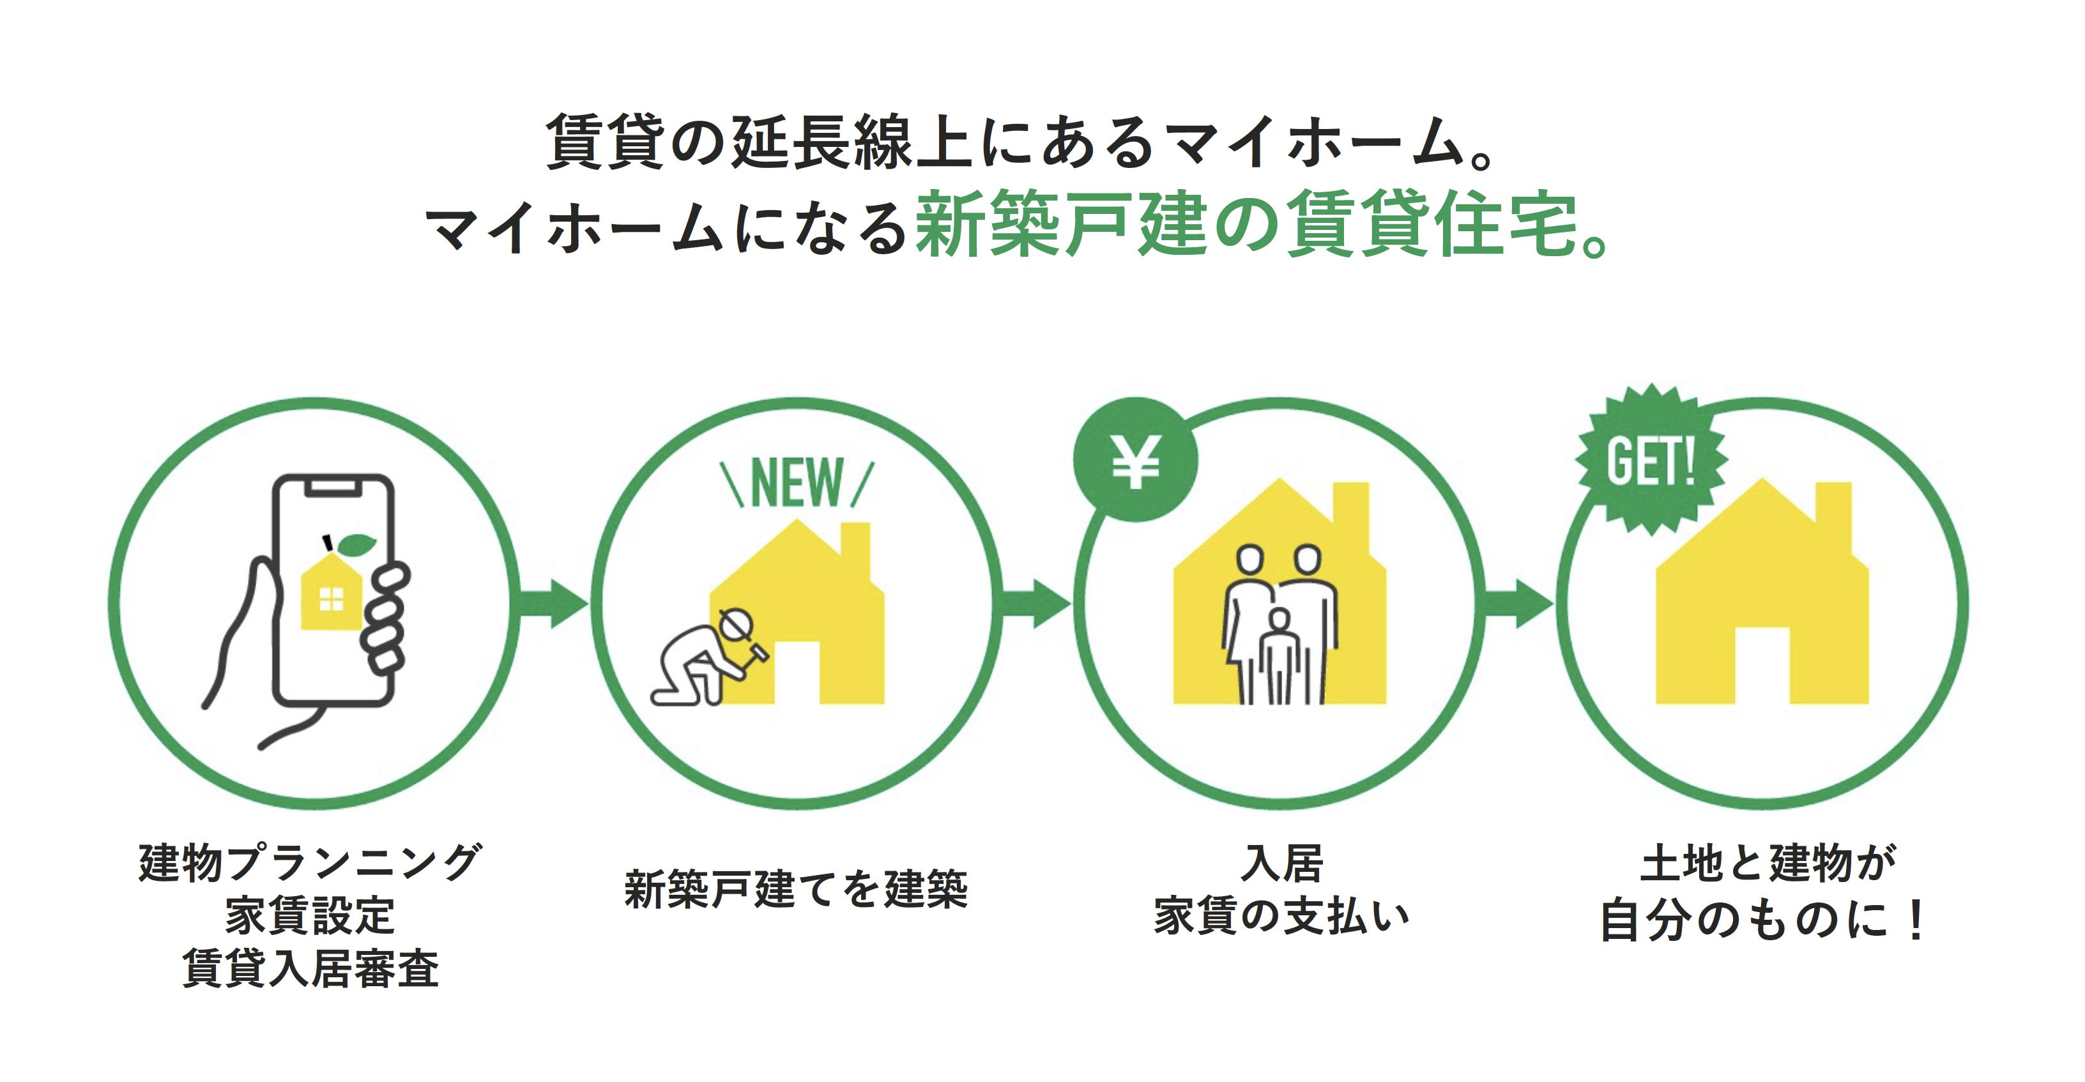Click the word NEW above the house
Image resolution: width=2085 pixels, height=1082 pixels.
point(797,482)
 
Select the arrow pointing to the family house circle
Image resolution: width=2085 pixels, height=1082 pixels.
point(1035,603)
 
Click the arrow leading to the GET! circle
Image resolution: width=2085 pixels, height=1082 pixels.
point(1517,603)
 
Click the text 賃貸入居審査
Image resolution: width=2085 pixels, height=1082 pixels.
point(310,968)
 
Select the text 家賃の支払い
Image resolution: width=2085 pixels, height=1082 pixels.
point(1281,916)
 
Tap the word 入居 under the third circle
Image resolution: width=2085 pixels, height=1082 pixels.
point(1282,863)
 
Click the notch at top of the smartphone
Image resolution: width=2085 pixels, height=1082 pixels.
point(333,485)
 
